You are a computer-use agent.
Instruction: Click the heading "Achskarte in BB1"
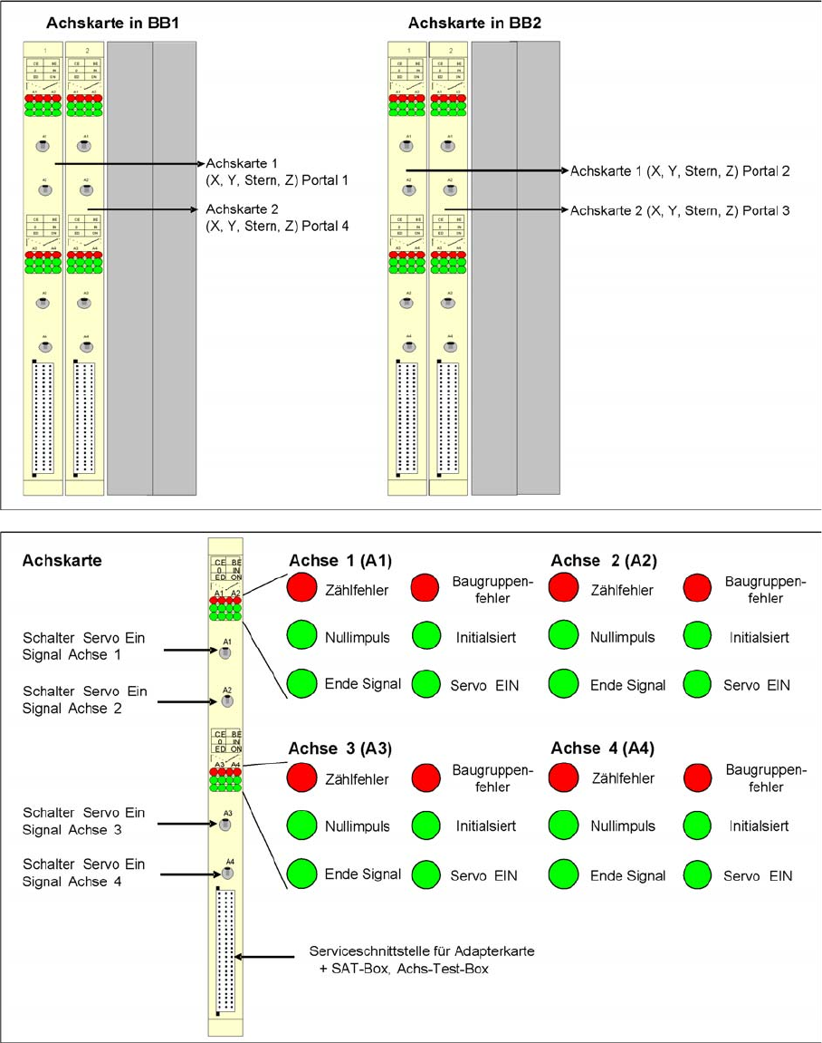112,22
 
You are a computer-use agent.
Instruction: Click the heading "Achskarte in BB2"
474,22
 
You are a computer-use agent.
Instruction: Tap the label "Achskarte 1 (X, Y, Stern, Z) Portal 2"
680,170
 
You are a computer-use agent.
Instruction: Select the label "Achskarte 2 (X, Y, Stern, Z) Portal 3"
680,210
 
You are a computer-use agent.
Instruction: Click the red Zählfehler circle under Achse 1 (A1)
301,589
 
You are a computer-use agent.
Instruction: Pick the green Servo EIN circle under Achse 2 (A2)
699,684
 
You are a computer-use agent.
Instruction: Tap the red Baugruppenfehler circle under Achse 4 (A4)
699,777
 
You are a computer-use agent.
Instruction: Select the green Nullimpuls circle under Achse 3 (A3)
301,826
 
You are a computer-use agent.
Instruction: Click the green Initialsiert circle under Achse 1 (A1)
426,636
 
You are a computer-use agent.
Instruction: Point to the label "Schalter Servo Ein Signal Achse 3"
84,821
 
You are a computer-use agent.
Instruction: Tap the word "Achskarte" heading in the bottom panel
62,561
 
